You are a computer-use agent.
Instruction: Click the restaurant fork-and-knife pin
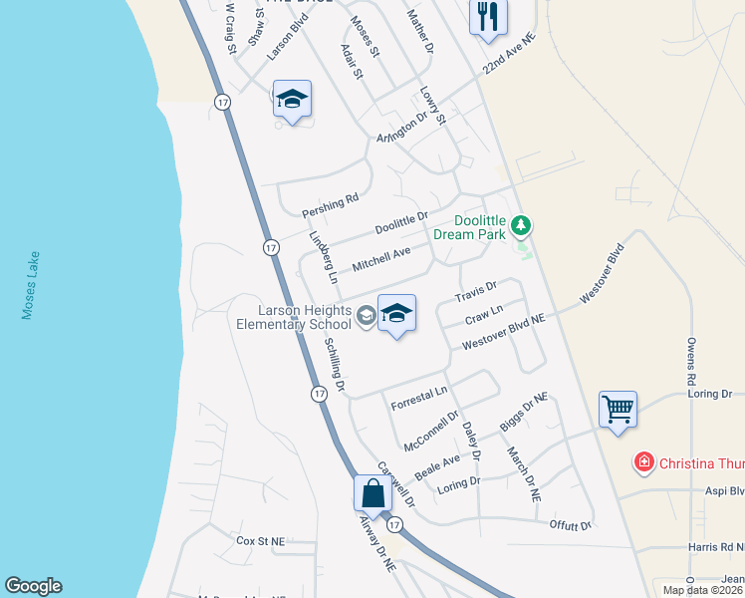pyautogui.click(x=488, y=17)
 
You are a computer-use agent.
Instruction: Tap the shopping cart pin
pyautogui.click(x=618, y=409)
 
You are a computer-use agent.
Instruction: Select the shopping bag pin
pyautogui.click(x=372, y=493)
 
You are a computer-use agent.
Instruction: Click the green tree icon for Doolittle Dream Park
pyautogui.click(x=520, y=226)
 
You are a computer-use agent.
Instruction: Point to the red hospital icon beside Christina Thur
pyautogui.click(x=644, y=462)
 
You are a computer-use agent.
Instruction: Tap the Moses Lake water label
pyautogui.click(x=29, y=285)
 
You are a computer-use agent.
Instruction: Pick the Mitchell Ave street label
pyautogui.click(x=381, y=261)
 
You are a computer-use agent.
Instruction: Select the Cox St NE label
pyautogui.click(x=260, y=541)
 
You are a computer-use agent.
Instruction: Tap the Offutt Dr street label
pyautogui.click(x=571, y=524)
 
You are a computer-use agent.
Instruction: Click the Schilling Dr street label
pyautogui.click(x=335, y=364)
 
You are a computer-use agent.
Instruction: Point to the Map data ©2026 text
pyautogui.click(x=703, y=590)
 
